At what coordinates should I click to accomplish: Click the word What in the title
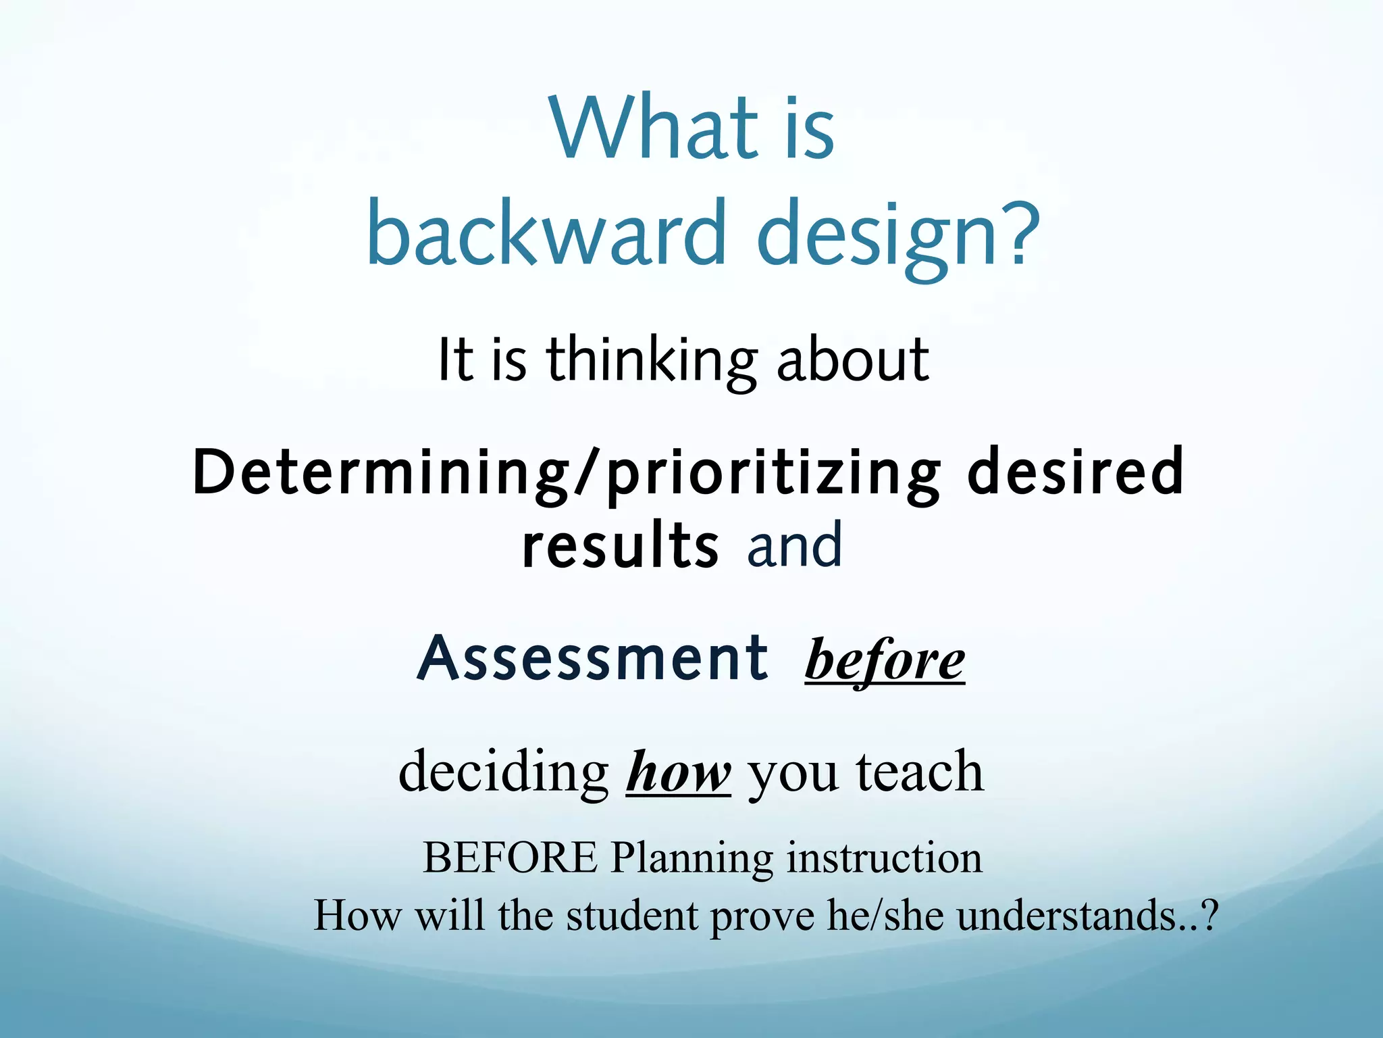point(654,128)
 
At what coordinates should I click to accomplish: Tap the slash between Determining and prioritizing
point(588,473)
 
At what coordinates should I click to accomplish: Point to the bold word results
point(621,546)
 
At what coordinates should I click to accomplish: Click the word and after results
point(795,546)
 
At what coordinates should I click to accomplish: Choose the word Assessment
point(593,658)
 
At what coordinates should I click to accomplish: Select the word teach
point(920,772)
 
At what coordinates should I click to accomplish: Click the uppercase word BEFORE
point(510,858)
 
